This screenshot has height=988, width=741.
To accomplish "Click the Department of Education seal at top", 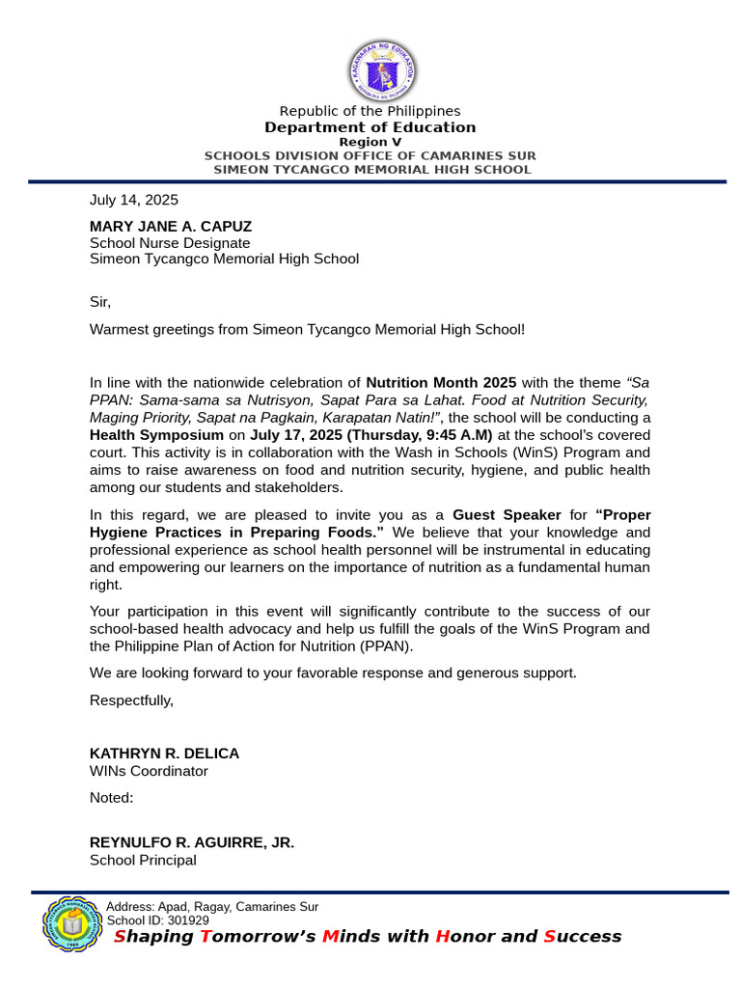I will (x=382, y=70).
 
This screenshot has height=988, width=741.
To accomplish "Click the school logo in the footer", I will (x=72, y=924).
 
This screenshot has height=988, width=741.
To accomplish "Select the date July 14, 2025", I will (x=134, y=200).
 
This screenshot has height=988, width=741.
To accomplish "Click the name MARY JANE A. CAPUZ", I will (x=171, y=227).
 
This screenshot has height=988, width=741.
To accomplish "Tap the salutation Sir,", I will (x=100, y=302).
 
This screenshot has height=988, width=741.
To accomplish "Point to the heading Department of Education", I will (x=370, y=127).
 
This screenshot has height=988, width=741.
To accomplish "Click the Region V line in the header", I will (x=370, y=142).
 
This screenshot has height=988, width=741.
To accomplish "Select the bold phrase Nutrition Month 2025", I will (x=441, y=382).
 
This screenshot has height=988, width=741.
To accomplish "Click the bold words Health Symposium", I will (x=156, y=435).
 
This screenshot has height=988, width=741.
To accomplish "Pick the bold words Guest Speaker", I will (x=507, y=515).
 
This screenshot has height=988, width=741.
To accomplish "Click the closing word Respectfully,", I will (x=131, y=700).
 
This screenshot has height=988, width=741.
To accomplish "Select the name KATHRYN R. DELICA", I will (x=164, y=754).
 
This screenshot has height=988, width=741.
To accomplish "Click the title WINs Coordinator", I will (x=149, y=771).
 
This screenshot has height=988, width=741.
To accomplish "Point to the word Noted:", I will (x=111, y=798).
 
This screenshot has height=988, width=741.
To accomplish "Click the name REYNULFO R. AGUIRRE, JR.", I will (x=192, y=842).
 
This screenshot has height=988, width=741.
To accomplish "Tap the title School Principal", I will (x=143, y=860).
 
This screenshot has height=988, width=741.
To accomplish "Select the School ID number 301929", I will (x=186, y=920).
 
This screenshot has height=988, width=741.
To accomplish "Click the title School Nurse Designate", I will (x=170, y=243).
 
